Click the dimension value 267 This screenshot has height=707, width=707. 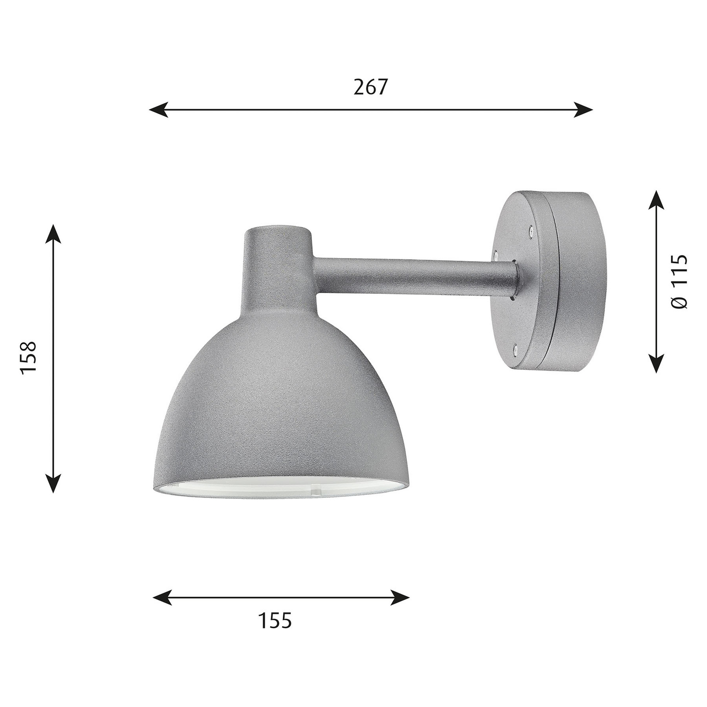click(x=370, y=87)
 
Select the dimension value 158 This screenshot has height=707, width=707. click(x=28, y=358)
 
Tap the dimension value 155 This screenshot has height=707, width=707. click(x=275, y=621)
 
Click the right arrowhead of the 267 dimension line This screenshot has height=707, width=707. click(x=583, y=109)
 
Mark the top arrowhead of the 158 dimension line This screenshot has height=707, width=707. click(x=53, y=233)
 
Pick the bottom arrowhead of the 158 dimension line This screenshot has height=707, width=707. click(x=53, y=483)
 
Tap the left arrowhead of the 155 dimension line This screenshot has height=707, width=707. click(x=162, y=597)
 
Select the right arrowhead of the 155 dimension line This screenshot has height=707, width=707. click(x=400, y=597)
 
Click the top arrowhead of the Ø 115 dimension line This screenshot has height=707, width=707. click(x=657, y=200)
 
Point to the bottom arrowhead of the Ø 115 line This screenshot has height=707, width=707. click(x=657, y=363)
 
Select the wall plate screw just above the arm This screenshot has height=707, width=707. click(x=495, y=254)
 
